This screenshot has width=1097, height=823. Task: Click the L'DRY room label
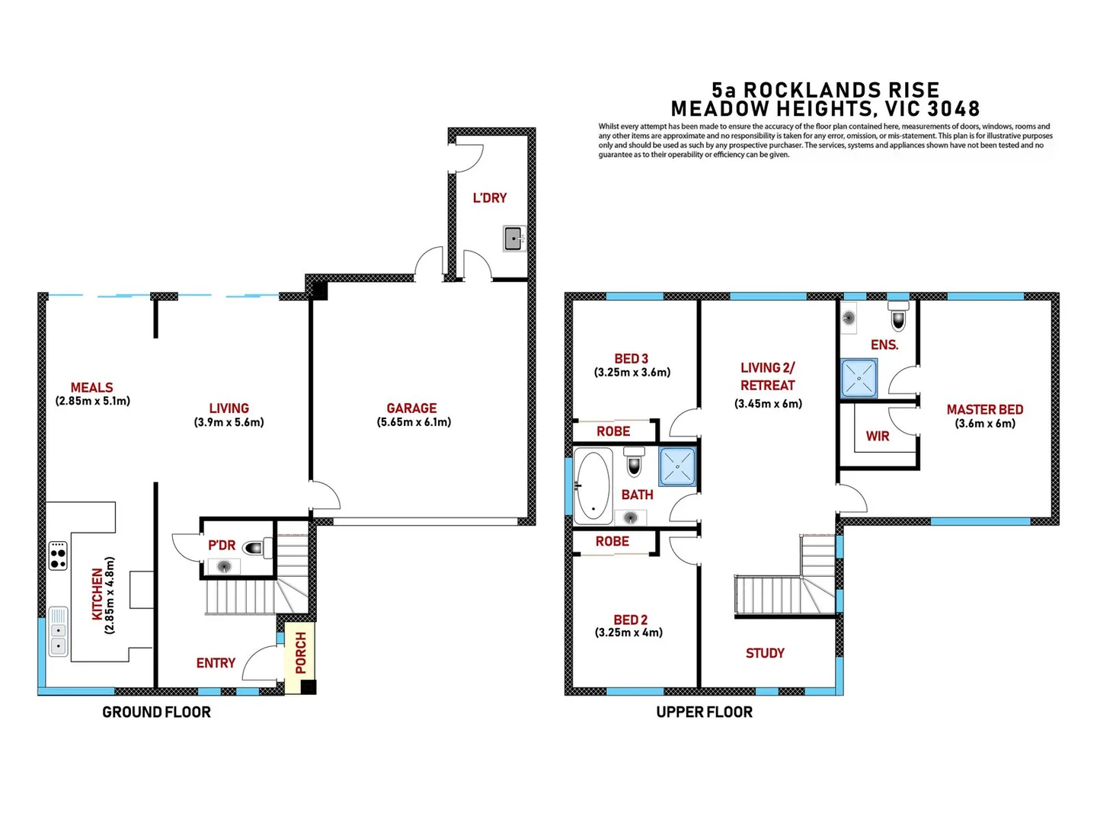coord(489,198)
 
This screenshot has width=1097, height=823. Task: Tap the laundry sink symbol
coord(514,239)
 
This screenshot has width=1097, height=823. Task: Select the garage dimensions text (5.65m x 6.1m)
coord(414,422)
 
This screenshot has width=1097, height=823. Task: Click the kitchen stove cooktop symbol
coord(58,556)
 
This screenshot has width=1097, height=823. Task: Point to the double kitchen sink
coord(58,631)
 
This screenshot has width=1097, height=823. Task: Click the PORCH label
coord(301,652)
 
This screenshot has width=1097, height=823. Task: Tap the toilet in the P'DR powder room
coord(254,547)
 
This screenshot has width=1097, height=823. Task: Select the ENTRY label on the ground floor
coord(216,664)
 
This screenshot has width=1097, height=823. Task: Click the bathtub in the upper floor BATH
coord(592,485)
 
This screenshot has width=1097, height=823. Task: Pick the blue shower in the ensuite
coord(859,379)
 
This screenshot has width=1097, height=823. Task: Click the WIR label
coord(878,437)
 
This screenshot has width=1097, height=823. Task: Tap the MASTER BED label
coord(984,410)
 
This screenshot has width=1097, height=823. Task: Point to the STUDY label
coord(765,653)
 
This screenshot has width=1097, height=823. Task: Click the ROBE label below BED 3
coord(612,431)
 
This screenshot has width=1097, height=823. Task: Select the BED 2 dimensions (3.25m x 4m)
coord(628,632)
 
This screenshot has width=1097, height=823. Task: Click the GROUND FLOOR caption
coord(156,712)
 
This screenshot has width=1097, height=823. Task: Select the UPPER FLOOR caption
coord(704,712)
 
